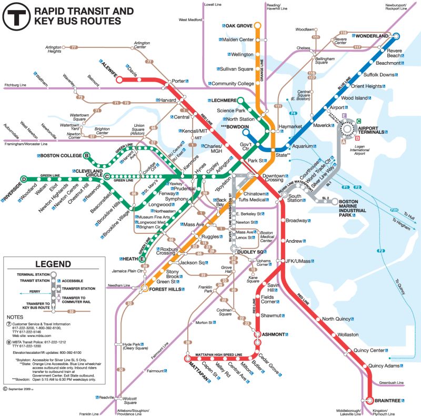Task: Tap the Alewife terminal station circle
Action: pos(119,80)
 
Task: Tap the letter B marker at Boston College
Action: pos(87,155)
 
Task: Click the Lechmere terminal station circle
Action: pos(240,100)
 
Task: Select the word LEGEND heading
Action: pos(53,264)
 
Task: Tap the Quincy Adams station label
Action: pos(384,366)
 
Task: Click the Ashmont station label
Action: pos(273,334)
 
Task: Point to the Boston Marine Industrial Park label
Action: pos(352,209)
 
